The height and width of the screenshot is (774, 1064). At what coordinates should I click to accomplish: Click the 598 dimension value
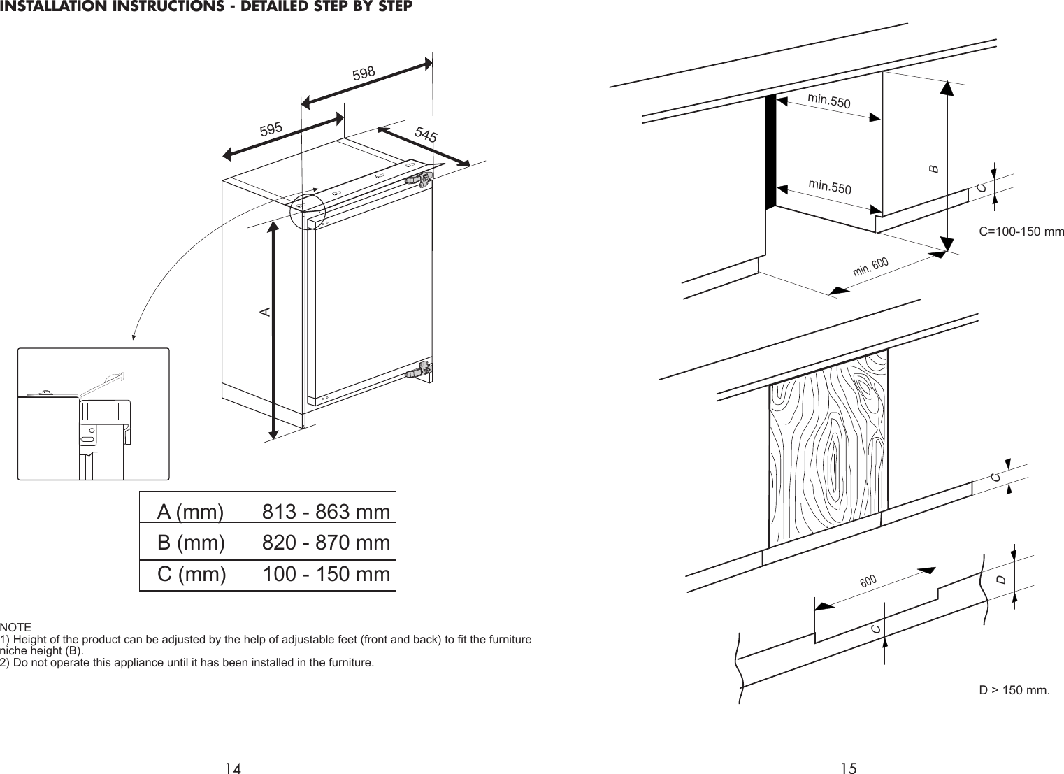(x=364, y=72)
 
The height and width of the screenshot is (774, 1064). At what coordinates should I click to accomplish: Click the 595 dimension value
(x=271, y=129)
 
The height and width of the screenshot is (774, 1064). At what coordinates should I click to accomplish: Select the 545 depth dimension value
(x=425, y=135)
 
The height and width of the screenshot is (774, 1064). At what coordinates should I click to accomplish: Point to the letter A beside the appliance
(x=265, y=310)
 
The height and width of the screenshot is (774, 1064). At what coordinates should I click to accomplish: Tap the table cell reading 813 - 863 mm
(x=326, y=513)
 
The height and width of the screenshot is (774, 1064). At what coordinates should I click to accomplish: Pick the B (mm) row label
(x=191, y=543)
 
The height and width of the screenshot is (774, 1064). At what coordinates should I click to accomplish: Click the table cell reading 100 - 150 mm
(x=326, y=575)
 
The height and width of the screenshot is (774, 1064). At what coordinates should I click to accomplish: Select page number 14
(x=233, y=768)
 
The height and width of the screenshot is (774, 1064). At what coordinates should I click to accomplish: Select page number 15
(x=848, y=768)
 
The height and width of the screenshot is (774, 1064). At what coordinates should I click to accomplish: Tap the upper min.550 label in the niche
(x=829, y=101)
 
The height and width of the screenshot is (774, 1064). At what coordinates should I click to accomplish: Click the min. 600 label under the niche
(x=870, y=266)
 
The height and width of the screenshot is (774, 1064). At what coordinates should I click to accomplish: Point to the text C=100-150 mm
(x=1021, y=231)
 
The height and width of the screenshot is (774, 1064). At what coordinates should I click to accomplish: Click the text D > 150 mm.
(x=1014, y=690)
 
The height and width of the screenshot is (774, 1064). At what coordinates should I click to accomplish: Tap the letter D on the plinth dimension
(x=1001, y=580)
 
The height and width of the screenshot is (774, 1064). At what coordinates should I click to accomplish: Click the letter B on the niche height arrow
(x=932, y=169)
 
